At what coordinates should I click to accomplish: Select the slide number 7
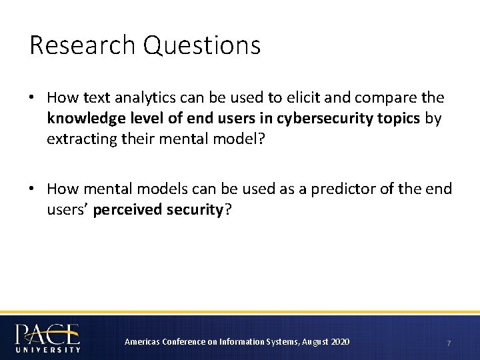pyautogui.click(x=449, y=343)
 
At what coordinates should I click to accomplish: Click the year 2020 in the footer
pyautogui.click(x=339, y=342)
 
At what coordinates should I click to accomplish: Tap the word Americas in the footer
pyautogui.click(x=141, y=342)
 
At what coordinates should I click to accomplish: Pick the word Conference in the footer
pyautogui.click(x=182, y=342)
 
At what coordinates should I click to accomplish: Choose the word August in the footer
pyautogui.click(x=315, y=342)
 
